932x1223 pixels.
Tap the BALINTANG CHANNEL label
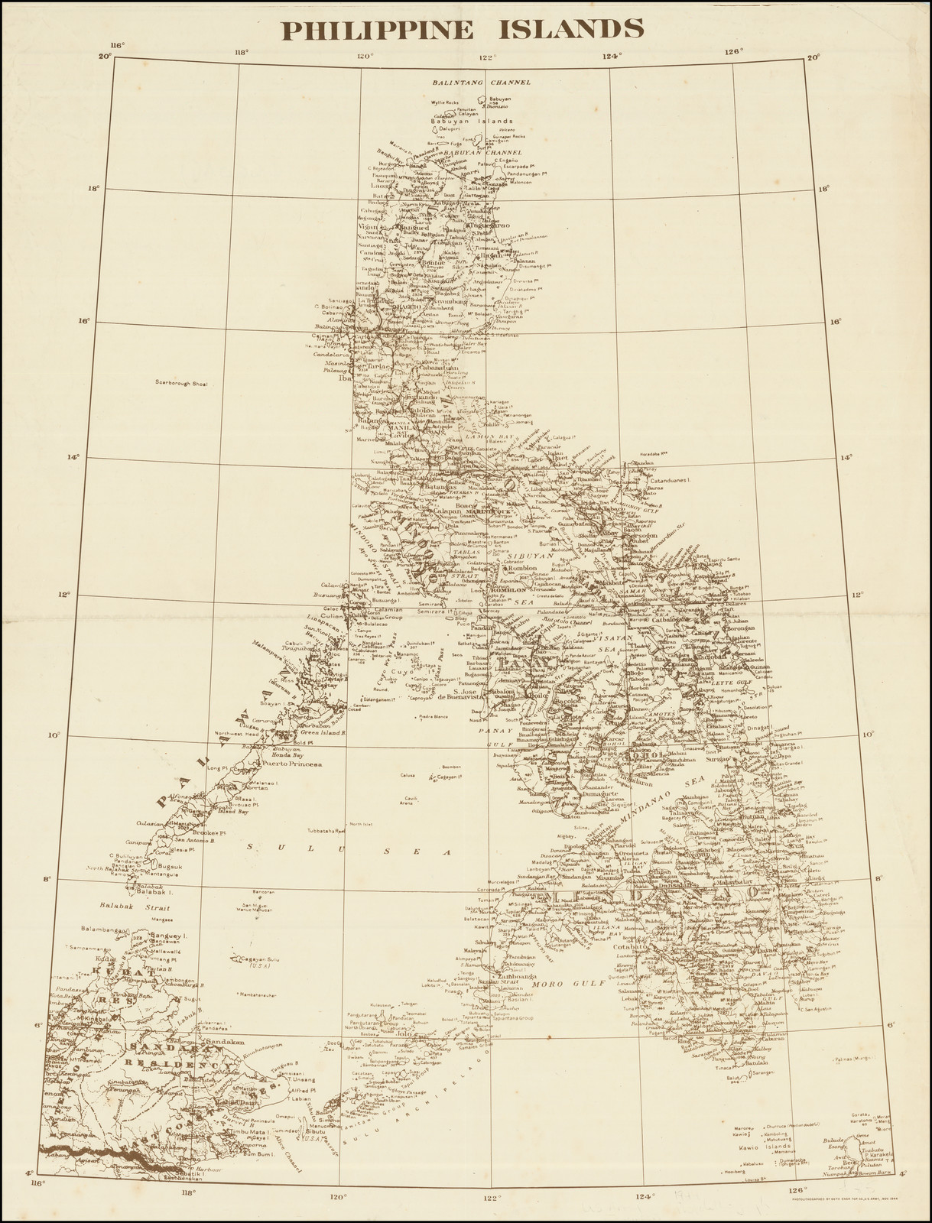(x=481, y=82)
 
